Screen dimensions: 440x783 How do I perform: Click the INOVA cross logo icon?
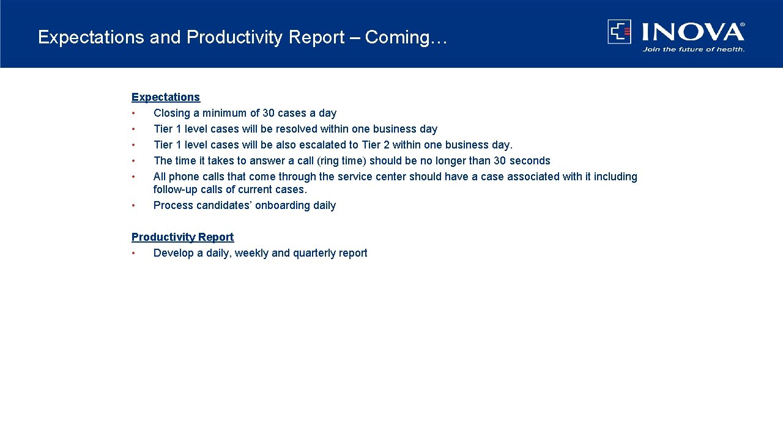point(619,31)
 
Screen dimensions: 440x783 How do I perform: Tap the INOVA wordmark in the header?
point(692,31)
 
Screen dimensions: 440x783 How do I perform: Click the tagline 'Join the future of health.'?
point(693,50)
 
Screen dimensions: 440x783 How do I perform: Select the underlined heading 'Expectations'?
point(165,97)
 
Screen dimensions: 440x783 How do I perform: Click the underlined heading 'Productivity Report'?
point(182,237)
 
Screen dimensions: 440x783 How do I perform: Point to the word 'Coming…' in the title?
point(406,37)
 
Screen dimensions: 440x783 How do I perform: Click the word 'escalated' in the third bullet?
point(322,145)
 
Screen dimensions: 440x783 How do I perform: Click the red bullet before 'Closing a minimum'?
point(133,114)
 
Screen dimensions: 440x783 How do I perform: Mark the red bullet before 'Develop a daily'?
point(133,254)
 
